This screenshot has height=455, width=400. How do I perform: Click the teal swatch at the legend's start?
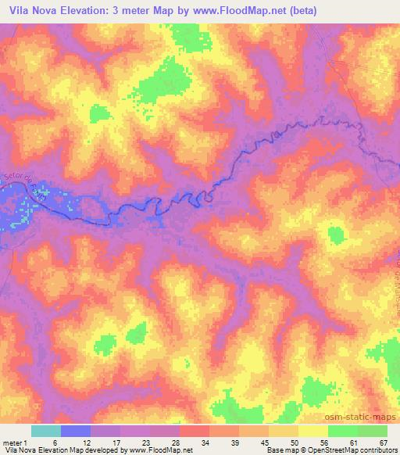[x=45, y=431]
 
